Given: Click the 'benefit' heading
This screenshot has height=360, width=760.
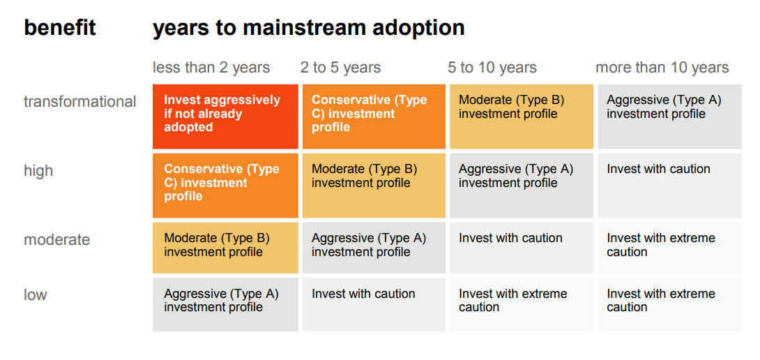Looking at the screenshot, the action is tap(60, 28).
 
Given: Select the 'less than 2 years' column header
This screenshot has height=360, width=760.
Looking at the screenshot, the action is tap(211, 68).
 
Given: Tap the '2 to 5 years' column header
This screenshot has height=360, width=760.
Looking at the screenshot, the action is tap(340, 68).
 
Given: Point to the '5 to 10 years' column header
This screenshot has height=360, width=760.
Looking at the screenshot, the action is tap(492, 68).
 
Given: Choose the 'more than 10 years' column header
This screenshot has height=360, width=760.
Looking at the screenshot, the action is tap(662, 68).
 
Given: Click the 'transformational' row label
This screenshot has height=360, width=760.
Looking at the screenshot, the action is tap(80, 102).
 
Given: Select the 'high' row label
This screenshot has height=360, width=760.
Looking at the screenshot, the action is tap(38, 171).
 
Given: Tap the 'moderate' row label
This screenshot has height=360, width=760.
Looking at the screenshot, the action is tap(56, 240).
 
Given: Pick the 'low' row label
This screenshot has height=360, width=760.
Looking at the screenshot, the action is tap(36, 295).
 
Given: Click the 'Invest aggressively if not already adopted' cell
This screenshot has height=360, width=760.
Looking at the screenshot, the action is tap(225, 117).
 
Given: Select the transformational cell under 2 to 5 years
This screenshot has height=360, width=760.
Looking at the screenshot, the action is tap(374, 117).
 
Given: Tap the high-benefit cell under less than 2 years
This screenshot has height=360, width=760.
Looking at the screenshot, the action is tap(225, 186).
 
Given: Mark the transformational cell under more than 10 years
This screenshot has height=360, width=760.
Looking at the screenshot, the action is tap(669, 117).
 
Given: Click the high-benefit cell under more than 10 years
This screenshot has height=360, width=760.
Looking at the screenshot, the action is tap(669, 186).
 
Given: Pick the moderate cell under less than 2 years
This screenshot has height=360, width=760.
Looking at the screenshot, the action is tap(225, 248).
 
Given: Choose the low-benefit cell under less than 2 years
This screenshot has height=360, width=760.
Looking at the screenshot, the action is tap(225, 305).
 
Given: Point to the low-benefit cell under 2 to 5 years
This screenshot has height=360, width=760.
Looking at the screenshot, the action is tap(374, 305).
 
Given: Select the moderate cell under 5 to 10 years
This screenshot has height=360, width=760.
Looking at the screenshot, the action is tap(522, 248).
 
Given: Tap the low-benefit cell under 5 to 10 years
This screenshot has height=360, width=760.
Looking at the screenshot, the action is tap(522, 305).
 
